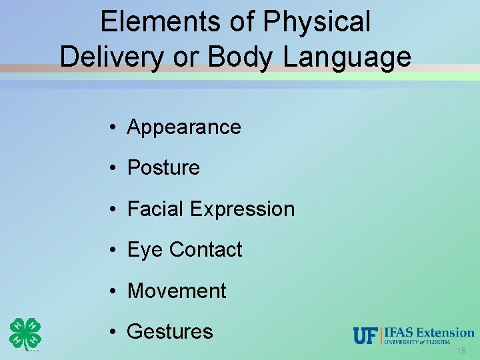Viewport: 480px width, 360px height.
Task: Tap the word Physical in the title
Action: (x=317, y=21)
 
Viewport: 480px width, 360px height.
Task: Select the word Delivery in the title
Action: (x=111, y=57)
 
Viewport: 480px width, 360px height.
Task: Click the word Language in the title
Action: (x=347, y=57)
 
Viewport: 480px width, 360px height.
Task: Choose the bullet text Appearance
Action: (x=184, y=127)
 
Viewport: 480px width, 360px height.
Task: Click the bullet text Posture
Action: (x=163, y=168)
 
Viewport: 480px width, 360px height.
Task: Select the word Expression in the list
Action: (x=242, y=209)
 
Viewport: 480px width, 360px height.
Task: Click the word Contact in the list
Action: (x=205, y=250)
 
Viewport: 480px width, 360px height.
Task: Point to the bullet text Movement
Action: (x=177, y=291)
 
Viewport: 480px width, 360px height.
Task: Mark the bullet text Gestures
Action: (x=170, y=332)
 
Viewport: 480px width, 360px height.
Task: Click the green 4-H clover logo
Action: (x=25, y=333)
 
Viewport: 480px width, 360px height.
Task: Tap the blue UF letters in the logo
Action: (x=365, y=336)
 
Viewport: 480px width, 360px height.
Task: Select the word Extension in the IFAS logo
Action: (x=445, y=332)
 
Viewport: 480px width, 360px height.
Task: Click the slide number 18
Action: (x=461, y=351)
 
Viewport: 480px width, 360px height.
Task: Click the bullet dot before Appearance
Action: (x=115, y=127)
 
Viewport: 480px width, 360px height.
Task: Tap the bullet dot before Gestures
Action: (x=115, y=332)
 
